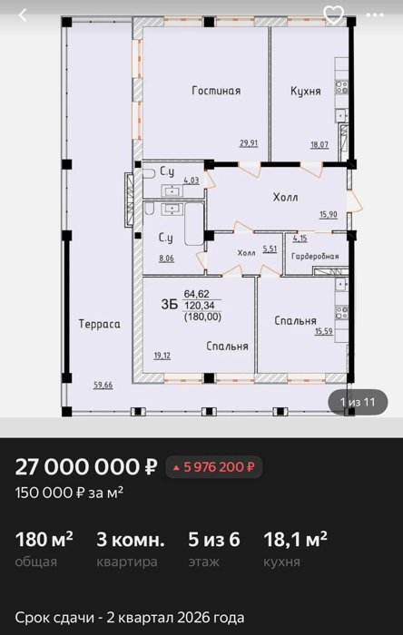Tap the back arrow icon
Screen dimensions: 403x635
[x=23, y=15]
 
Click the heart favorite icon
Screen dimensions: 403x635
[x=334, y=15]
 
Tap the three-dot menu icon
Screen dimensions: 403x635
[x=375, y=15]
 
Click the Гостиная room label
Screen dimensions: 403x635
[x=216, y=91]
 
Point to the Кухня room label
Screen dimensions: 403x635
[x=306, y=91]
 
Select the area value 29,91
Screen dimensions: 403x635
[x=249, y=143]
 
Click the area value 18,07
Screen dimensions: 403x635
[x=319, y=144]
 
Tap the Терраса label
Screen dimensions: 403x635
[x=99, y=324]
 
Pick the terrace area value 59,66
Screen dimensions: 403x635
[x=103, y=386]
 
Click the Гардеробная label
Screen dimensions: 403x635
[x=315, y=257]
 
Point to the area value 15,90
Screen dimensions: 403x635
[x=328, y=214]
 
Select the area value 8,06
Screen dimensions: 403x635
[x=166, y=259]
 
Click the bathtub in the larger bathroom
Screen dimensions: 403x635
[x=194, y=224]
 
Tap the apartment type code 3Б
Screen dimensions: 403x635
[x=170, y=305]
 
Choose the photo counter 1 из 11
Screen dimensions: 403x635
[x=358, y=402]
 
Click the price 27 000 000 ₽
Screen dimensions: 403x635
[x=86, y=467]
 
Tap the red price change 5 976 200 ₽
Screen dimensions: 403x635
[x=214, y=467]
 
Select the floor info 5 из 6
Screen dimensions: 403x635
[x=214, y=540]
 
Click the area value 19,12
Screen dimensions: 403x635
[x=162, y=356]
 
